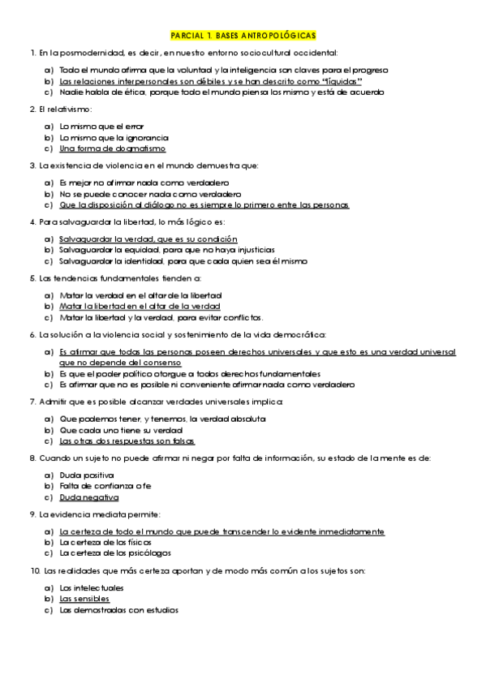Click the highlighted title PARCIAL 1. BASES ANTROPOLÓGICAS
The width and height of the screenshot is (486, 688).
point(243,37)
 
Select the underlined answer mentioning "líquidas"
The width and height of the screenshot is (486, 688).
point(210,82)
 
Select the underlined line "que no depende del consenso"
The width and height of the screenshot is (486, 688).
point(123,363)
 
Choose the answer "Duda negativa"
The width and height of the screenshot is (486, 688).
point(89,497)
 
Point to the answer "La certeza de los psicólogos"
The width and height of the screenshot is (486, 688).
point(114,553)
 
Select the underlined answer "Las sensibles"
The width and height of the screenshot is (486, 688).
point(84,599)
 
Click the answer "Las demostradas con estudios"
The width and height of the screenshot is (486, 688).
point(118,610)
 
